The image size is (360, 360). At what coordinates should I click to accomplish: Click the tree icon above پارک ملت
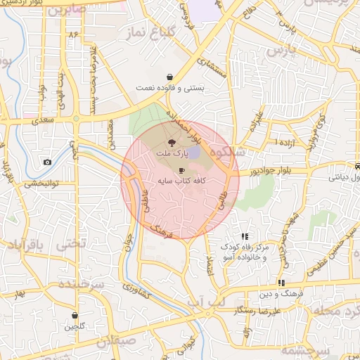(172, 142)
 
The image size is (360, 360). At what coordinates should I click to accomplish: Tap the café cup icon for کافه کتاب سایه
(182, 171)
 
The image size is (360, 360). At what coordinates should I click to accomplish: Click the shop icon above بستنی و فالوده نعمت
(170, 77)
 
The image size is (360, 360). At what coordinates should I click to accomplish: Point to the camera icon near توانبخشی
(47, 162)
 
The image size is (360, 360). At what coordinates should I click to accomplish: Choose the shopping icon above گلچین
(74, 316)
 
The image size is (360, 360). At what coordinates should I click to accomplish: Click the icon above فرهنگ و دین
(281, 283)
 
